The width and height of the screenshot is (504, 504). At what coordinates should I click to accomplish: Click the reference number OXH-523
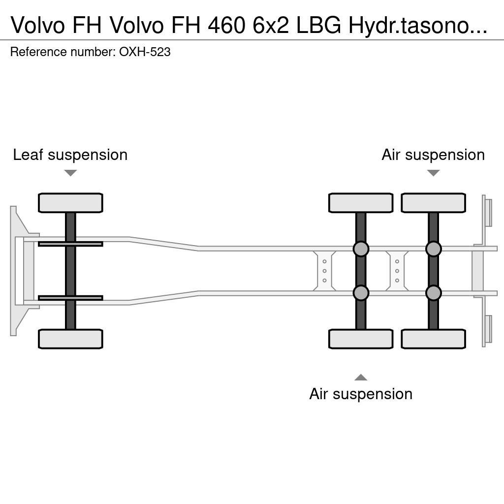click(x=145, y=52)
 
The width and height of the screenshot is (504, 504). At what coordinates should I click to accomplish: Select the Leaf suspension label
click(x=70, y=155)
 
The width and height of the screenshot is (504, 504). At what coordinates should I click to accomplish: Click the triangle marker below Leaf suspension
click(x=70, y=173)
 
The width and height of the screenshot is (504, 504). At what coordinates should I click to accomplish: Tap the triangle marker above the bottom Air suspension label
click(x=361, y=378)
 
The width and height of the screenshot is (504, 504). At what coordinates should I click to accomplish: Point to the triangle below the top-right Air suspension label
click(x=433, y=173)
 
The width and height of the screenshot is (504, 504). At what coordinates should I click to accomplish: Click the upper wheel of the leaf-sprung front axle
click(x=70, y=203)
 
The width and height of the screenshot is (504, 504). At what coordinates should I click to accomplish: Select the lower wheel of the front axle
click(x=70, y=339)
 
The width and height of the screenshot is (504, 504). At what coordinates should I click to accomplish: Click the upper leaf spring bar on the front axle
click(x=70, y=244)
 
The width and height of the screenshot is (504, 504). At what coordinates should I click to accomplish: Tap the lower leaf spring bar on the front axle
click(x=70, y=298)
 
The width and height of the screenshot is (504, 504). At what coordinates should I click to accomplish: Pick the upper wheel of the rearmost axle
click(x=433, y=203)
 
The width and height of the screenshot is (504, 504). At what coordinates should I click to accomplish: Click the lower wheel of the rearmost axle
click(x=433, y=339)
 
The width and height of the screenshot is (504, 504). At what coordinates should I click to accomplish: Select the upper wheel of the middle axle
click(x=361, y=203)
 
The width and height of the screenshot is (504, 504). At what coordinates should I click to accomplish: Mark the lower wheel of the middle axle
click(x=361, y=339)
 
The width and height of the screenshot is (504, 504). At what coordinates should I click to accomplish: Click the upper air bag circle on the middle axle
click(x=361, y=249)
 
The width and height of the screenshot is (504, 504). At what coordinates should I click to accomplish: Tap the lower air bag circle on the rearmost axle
click(x=433, y=293)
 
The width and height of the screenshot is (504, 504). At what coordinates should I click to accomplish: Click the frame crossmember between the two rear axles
click(x=397, y=271)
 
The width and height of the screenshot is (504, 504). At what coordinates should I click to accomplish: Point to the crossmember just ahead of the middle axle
click(x=324, y=271)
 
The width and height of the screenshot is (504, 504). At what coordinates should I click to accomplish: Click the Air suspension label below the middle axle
click(x=361, y=394)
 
